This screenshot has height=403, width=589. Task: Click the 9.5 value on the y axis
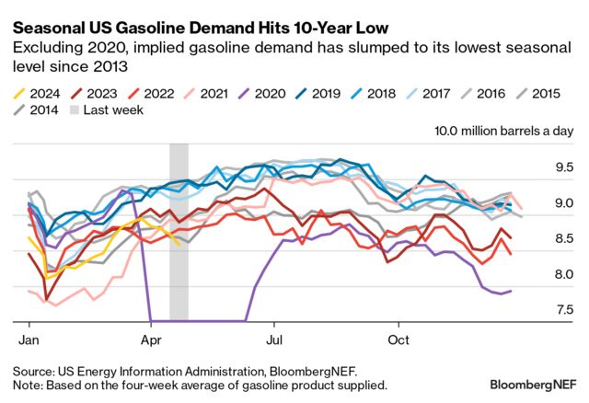[561, 167]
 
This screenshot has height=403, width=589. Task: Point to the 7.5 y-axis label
[561, 310]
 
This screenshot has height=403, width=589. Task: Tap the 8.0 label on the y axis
[561, 274]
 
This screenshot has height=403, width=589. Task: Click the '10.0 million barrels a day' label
[503, 132]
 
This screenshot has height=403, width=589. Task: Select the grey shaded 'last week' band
[179, 230]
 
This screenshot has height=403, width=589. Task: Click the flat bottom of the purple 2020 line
[198, 321]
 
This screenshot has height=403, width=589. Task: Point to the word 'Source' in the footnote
[33, 370]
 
